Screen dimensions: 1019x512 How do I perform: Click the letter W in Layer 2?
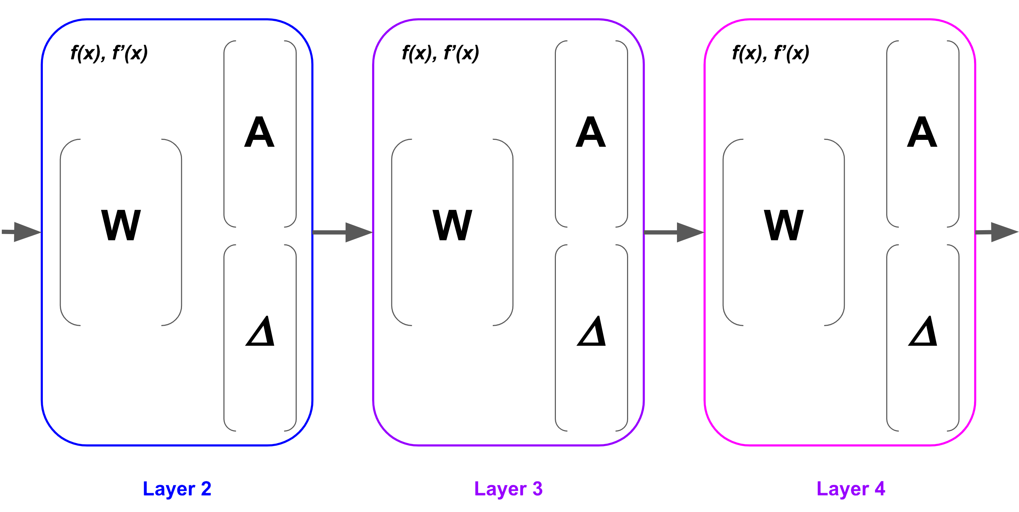point(121,225)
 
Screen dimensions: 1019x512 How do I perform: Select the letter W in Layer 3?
point(452,225)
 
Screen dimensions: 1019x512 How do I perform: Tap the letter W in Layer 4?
point(784,225)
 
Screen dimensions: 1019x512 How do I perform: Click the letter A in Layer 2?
point(259,132)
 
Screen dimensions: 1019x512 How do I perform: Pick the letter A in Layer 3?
point(591,132)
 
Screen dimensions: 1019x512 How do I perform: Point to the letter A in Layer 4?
point(922,132)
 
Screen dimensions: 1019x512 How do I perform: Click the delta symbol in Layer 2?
point(260,331)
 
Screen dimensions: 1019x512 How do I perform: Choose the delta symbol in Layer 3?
point(592,331)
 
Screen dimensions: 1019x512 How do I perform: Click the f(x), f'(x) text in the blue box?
point(109,53)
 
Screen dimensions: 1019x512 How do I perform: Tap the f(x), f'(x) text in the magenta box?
point(771,53)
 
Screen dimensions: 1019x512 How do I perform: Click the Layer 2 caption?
point(177,489)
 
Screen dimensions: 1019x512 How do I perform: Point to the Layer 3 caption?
point(509,489)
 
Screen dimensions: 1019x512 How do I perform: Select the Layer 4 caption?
point(851,489)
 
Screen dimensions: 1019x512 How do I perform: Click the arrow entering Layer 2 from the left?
point(21,232)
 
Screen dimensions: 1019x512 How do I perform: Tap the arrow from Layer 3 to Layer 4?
point(674,232)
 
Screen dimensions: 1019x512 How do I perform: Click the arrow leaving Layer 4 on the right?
point(997,232)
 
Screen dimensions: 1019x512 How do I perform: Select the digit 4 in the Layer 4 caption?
point(880,488)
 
